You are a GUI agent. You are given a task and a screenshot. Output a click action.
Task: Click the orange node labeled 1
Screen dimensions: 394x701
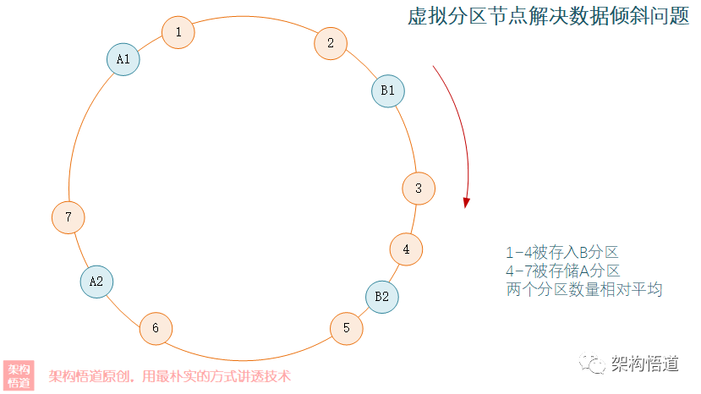178,32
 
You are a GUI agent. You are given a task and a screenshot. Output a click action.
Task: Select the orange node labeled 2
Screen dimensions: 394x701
331,43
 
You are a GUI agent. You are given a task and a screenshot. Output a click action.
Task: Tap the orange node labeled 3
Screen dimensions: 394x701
419,189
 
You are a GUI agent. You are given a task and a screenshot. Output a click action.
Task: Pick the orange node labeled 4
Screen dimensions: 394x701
406,249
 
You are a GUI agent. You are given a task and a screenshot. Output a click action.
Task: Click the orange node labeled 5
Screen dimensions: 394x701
346,328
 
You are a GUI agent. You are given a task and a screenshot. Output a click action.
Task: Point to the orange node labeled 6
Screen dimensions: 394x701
156,328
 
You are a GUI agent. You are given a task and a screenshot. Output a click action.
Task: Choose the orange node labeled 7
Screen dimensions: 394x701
68,217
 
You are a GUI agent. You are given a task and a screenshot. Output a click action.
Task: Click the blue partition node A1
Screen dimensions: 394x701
123,59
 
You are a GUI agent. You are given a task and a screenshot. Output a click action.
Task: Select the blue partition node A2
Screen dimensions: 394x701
96,282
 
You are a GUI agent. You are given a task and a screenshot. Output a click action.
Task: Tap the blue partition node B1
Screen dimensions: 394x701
388,90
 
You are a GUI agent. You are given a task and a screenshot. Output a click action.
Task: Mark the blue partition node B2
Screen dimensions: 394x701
382,297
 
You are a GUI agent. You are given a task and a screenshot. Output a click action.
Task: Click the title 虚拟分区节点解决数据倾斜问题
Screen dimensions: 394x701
549,18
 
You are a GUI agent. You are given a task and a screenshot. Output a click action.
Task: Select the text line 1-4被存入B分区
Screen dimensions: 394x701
562,252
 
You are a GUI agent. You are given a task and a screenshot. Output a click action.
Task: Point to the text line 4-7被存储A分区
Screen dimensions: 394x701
562,271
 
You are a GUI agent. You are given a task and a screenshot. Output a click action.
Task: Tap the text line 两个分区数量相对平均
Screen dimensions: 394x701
583,289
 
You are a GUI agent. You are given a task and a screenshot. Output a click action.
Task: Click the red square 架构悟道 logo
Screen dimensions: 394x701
19,375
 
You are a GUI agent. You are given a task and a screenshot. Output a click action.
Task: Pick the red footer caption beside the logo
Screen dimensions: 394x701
170,376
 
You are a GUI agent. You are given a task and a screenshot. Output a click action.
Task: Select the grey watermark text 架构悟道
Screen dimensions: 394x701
645,364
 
